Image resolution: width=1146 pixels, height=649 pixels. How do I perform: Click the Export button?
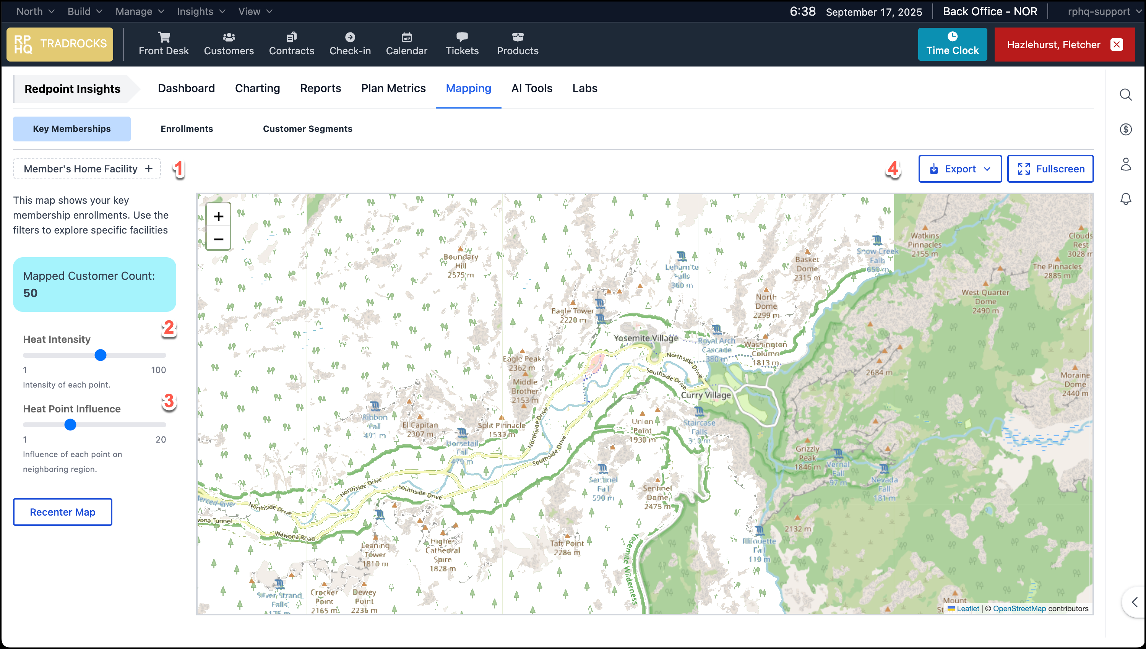point(960,169)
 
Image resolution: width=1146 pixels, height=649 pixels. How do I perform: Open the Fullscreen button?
point(1050,169)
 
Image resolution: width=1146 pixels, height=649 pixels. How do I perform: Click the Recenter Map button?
point(62,512)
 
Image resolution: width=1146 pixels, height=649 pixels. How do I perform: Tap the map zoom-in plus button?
point(218,217)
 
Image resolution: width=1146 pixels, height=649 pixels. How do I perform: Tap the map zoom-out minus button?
point(218,239)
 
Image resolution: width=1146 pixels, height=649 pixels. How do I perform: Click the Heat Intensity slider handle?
point(101,355)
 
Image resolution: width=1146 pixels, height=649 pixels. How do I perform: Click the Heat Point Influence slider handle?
point(70,425)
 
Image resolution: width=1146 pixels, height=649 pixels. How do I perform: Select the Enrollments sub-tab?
point(187,129)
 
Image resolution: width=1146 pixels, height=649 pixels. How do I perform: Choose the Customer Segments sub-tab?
point(308,129)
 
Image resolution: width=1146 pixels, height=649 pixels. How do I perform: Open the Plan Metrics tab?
point(393,88)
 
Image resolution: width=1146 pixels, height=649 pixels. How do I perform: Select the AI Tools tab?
point(532,88)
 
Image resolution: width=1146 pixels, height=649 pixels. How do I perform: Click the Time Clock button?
point(952,44)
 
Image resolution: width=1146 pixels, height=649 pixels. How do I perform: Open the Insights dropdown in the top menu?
point(201,11)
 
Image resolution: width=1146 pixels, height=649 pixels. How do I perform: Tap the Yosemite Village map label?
point(645,338)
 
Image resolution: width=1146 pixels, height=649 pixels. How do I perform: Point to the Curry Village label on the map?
point(706,395)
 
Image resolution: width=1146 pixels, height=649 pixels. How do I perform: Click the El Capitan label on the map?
point(420,425)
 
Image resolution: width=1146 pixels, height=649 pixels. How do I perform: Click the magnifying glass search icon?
point(1125,94)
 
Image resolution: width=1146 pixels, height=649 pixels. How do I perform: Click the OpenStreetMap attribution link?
point(1019,608)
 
